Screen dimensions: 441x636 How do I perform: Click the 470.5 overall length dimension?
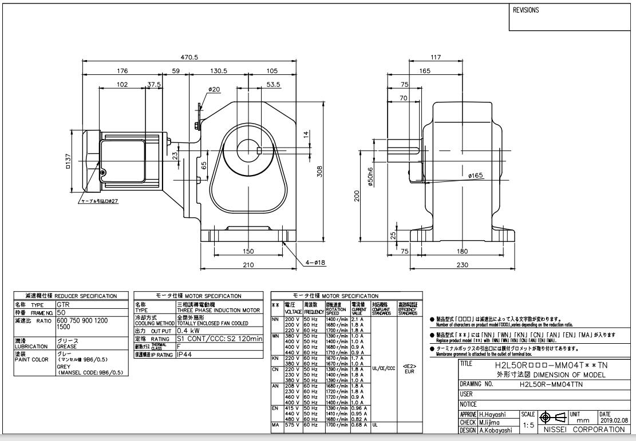coord(189,57)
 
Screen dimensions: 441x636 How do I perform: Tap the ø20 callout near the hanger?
coord(214,89)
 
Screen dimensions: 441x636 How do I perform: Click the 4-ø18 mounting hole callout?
coord(315,263)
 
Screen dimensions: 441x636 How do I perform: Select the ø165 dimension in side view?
coord(476,176)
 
